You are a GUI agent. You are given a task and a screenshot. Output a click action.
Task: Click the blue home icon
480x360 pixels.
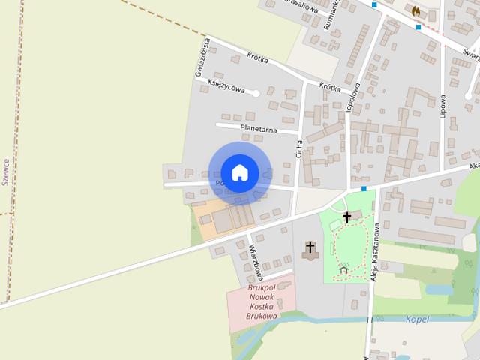(240, 172)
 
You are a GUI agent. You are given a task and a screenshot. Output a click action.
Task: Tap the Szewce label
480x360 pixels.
(5, 171)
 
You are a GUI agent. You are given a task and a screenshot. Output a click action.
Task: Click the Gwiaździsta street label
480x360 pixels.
(200, 57)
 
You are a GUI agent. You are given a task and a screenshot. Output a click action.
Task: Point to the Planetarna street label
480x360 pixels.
(259, 129)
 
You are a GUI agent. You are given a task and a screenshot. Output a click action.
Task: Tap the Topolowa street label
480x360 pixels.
(352, 97)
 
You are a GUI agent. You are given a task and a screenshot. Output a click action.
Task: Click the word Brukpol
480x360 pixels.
(262, 287)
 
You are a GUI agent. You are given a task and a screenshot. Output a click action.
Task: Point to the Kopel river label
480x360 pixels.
(416, 319)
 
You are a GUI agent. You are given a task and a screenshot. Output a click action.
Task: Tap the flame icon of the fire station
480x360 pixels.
(415, 11)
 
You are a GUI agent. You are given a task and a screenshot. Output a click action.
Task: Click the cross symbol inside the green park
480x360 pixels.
(346, 217)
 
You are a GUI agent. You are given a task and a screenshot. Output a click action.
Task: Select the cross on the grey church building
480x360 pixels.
(310, 247)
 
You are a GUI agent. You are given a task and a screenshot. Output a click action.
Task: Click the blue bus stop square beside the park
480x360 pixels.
(364, 188)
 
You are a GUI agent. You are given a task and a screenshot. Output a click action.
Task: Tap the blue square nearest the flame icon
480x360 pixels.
(418, 27)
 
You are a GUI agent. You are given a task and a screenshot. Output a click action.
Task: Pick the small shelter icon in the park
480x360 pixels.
(343, 268)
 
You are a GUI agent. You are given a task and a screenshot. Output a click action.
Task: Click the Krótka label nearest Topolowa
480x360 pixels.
(330, 87)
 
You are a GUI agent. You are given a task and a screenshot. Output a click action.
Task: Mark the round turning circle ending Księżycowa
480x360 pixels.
(256, 94)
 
